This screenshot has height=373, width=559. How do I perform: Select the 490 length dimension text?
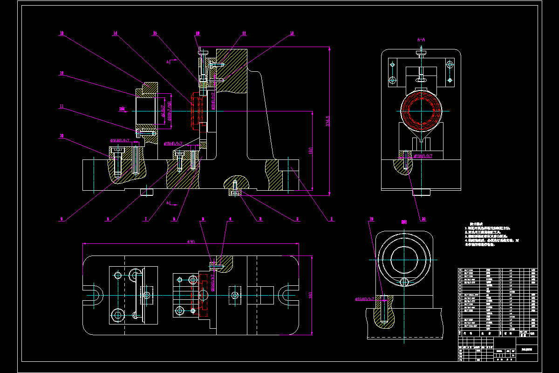191,242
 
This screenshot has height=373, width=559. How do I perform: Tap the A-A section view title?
421,40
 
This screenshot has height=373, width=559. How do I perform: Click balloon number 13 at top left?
61,34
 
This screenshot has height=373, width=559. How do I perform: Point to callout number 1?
332,219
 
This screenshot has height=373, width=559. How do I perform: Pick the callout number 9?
61,219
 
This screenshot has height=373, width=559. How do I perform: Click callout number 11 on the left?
61,106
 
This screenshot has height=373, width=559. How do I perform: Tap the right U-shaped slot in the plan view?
284,295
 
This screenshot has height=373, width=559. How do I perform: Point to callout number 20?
423,219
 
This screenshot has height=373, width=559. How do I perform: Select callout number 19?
371,219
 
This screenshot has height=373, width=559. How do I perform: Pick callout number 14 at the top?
115,34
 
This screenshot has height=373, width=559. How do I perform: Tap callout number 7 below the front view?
145,219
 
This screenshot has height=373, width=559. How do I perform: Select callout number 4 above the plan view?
230,219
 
